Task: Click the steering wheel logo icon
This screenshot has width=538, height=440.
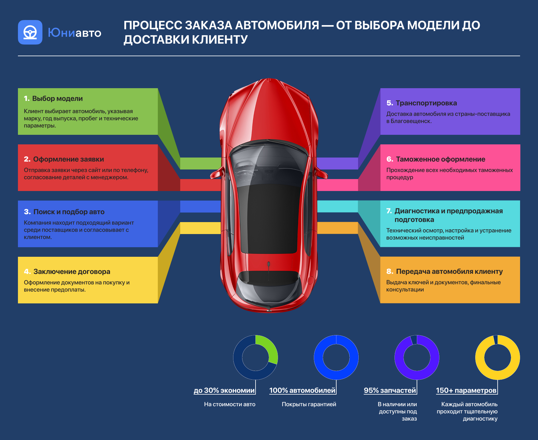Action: tap(30, 32)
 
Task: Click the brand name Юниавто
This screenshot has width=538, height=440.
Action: tap(74, 33)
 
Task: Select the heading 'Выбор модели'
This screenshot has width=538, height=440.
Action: tap(57, 99)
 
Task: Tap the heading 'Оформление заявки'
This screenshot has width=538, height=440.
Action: tap(68, 159)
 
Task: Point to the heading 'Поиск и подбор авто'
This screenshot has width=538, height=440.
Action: tap(69, 212)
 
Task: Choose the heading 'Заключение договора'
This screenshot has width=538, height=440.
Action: tap(72, 272)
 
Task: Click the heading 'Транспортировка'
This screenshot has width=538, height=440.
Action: tap(426, 103)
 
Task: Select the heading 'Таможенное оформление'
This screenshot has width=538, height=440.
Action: tap(441, 159)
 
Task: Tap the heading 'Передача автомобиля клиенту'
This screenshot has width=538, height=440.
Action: tap(449, 271)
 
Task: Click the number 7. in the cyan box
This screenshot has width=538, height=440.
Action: tap(389, 211)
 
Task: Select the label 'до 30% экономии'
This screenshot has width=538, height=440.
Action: tap(224, 390)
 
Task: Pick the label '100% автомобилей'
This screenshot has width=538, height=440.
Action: tap(302, 390)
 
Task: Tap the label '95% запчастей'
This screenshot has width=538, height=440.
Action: tap(390, 390)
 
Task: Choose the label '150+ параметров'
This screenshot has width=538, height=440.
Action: tap(466, 390)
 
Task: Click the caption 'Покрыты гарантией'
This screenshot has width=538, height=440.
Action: tap(309, 404)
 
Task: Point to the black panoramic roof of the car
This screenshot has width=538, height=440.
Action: tap(269, 218)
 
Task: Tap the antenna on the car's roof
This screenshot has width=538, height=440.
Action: tap(269, 265)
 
